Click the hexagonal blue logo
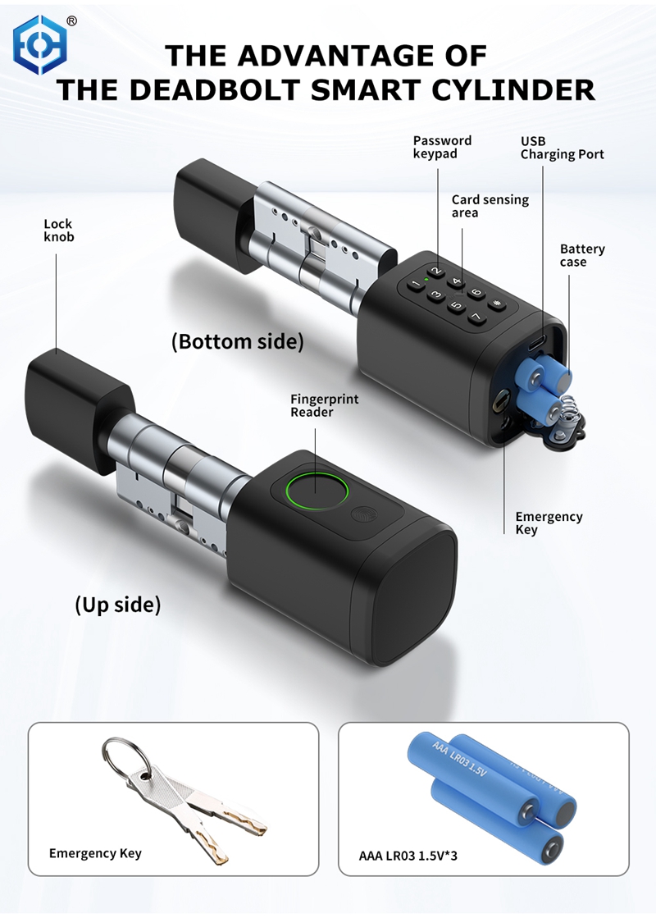[x=40, y=44]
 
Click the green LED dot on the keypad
[x=427, y=280]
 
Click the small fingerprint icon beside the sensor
[x=362, y=514]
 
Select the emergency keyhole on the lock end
[x=499, y=403]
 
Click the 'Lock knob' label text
[x=58, y=230]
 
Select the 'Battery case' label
[x=581, y=255]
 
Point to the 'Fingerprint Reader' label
[x=324, y=405]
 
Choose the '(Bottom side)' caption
[x=238, y=341]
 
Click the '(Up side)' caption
[x=117, y=605]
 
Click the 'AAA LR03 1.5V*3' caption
[x=408, y=856]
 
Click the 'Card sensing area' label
[x=490, y=206]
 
